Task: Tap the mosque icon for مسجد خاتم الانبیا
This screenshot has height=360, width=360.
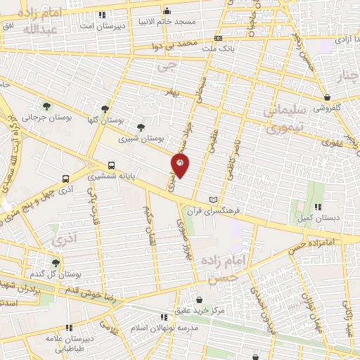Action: coord(167,11)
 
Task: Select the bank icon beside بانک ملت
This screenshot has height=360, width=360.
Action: coord(219,37)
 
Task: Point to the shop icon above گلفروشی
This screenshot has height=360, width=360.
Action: coord(327,98)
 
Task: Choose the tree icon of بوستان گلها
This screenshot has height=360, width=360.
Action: coord(105,109)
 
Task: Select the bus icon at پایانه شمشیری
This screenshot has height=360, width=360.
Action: coord(111,166)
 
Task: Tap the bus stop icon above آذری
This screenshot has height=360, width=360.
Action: coord(65,179)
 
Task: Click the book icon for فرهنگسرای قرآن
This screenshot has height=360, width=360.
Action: coord(214,200)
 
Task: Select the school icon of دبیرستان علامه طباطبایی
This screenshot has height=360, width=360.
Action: coord(69,328)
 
